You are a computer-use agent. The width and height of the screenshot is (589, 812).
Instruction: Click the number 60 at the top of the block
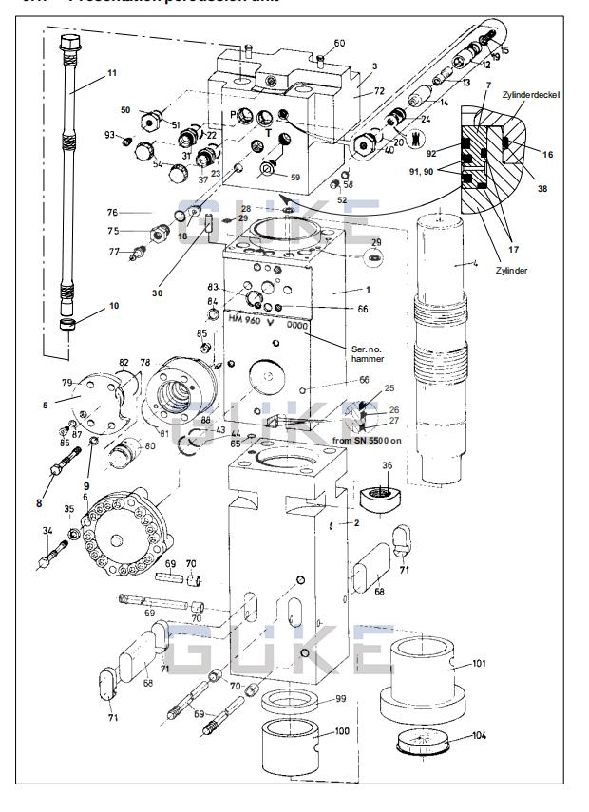339,43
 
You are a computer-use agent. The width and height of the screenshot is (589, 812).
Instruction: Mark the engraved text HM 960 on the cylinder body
247,319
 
